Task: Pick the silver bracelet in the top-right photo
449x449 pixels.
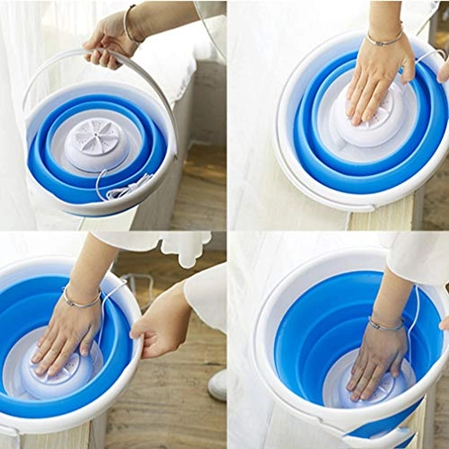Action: tap(383, 40)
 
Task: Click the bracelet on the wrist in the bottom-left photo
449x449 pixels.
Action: tap(81, 299)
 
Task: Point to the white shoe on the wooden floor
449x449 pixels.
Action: tap(218, 384)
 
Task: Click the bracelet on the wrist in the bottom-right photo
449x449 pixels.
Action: tap(386, 324)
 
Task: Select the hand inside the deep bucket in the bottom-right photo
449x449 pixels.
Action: tap(377, 359)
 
